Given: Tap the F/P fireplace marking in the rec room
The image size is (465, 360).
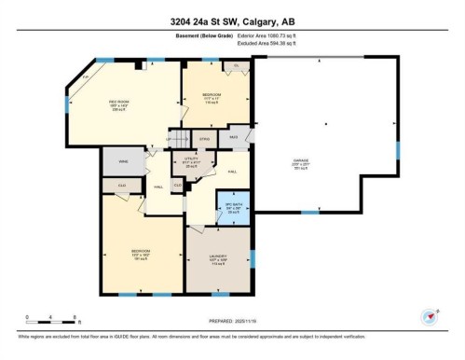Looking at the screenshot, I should (86, 76).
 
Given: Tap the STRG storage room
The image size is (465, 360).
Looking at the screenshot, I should (204, 138).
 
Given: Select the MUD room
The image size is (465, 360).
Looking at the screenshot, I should (233, 138).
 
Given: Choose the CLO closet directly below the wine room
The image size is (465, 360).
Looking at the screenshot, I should (121, 185).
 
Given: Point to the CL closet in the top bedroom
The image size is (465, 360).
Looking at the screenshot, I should (237, 66).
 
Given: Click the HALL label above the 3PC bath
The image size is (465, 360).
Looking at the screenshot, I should (232, 172).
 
